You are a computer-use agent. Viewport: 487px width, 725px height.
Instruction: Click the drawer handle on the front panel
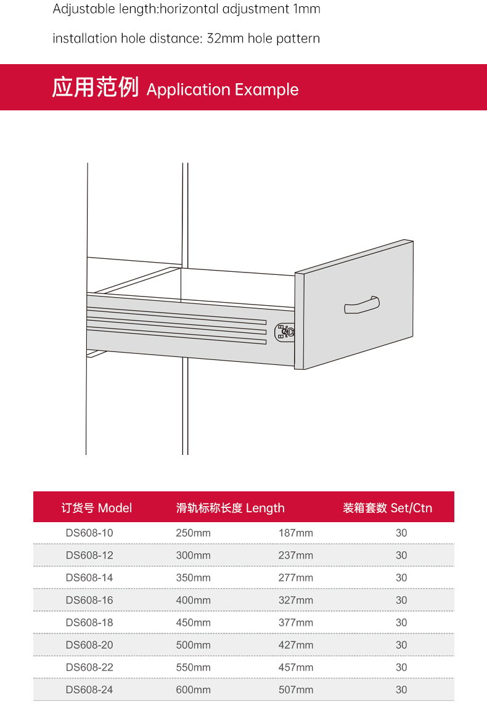point(362,305)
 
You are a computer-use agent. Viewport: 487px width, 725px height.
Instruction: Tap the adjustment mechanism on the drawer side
point(284,332)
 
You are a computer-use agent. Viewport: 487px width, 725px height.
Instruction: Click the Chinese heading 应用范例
point(96,88)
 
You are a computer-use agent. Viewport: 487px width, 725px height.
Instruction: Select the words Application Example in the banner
point(223,89)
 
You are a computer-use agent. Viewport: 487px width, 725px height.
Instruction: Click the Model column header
point(97,508)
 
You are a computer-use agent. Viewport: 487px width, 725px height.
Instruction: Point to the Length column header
point(231,508)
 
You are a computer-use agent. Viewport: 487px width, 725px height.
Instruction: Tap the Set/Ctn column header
point(388,508)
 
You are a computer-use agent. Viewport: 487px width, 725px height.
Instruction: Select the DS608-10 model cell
point(89,533)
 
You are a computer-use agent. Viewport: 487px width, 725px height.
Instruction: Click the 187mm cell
point(295,533)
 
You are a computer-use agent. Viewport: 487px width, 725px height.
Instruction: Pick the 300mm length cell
point(194,555)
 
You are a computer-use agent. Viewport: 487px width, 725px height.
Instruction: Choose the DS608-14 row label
point(89,578)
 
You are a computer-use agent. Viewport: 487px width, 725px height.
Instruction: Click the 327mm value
point(295,600)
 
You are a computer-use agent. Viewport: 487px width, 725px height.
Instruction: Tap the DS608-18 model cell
point(89,623)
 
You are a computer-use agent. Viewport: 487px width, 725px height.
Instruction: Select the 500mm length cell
point(194,645)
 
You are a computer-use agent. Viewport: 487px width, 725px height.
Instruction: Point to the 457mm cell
point(295,667)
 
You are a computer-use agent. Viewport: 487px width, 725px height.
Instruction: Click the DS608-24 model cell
point(89,689)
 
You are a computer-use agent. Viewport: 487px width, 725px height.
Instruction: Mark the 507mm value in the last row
point(295,689)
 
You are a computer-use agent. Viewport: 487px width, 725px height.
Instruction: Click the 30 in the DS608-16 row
point(401,600)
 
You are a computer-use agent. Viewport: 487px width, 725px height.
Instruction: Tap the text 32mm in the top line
point(225,38)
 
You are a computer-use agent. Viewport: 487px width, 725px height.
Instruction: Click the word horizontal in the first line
point(189,9)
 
